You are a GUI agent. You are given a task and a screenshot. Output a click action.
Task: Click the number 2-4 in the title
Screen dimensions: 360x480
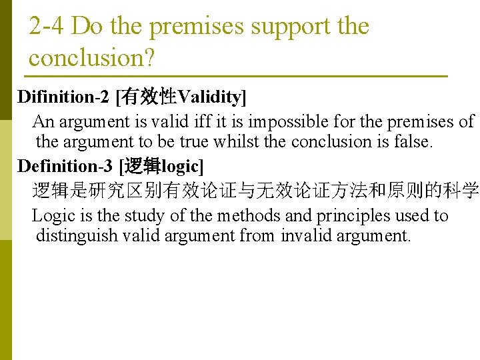(x=47, y=27)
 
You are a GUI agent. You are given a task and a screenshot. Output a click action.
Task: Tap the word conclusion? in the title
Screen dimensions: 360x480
(x=92, y=58)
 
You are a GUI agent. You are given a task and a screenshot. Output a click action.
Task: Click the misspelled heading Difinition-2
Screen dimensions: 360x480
(x=63, y=97)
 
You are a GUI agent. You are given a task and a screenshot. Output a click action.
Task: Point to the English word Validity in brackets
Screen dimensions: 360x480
(x=209, y=97)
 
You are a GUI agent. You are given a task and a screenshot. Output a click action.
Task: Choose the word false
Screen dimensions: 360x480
(x=414, y=141)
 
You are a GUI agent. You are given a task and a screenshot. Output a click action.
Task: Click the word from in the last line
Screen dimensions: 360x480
(x=257, y=235)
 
